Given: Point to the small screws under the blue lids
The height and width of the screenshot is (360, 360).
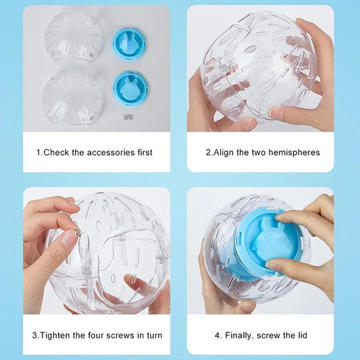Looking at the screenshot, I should pyautogui.click(x=127, y=117).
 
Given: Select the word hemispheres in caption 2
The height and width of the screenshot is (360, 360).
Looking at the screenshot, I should pyautogui.click(x=294, y=153).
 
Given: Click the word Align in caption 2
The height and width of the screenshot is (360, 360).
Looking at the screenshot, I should pyautogui.click(x=224, y=153).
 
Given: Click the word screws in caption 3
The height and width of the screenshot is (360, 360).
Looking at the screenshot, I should pyautogui.click(x=118, y=335).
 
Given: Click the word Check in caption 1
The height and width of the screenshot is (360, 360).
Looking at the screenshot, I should pyautogui.click(x=57, y=153).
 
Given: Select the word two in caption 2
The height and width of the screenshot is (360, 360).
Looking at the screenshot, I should pyautogui.click(x=259, y=153).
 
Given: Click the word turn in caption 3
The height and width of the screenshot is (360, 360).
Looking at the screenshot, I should pyautogui.click(x=153, y=335).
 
